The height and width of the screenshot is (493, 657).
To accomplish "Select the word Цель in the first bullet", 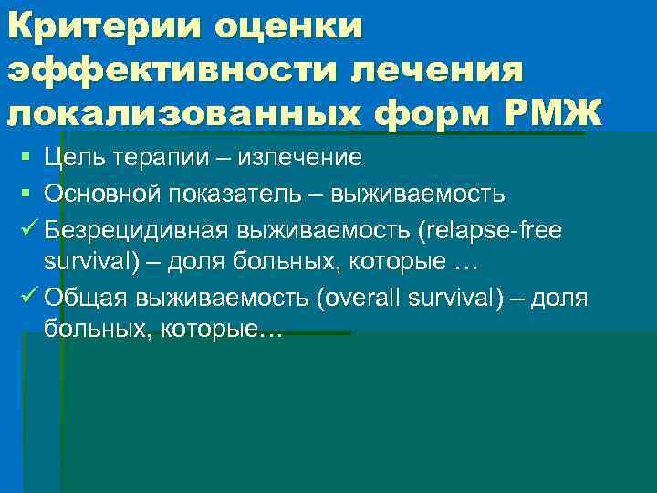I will (x=72, y=158).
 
